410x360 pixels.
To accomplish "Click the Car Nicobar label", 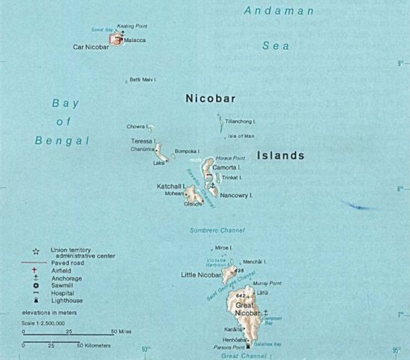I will [x=91, y=46].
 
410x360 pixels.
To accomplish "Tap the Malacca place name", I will [x=135, y=40].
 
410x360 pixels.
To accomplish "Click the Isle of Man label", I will [x=241, y=136].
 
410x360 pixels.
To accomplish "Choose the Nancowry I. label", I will [x=236, y=194].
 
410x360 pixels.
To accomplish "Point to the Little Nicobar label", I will [x=199, y=275].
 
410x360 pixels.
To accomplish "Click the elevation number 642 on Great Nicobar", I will [x=240, y=296].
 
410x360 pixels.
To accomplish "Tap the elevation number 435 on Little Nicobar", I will [x=238, y=271].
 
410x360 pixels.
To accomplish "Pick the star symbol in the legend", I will [x=35, y=250].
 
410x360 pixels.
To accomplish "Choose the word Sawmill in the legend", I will [x=62, y=285].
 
